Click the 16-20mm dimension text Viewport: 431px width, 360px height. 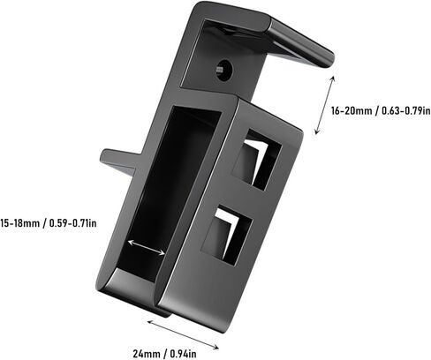[x=352, y=111]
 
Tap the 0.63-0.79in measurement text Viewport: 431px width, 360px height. [x=406, y=111]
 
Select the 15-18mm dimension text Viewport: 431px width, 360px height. [x=19, y=223]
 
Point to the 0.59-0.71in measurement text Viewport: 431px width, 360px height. [x=72, y=223]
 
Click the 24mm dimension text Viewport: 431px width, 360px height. [x=147, y=354]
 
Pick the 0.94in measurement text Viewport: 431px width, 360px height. [x=183, y=354]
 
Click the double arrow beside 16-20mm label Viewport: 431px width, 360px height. [x=325, y=105]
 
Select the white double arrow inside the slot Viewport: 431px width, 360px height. [x=146, y=247]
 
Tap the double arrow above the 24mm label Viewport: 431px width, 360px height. [x=183, y=335]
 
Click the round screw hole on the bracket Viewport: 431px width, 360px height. [x=223, y=71]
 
